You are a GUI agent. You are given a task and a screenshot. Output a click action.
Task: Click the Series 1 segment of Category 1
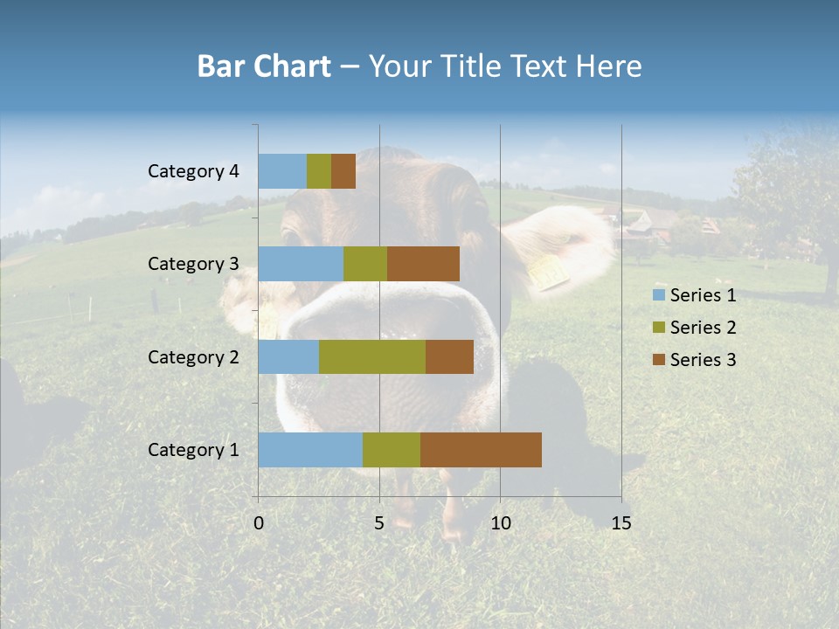tap(310, 450)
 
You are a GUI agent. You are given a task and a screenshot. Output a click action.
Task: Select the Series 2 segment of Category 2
tap(372, 356)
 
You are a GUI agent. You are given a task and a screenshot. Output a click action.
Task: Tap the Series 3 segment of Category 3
tap(423, 264)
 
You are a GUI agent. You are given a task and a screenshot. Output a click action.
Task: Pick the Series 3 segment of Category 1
tap(481, 450)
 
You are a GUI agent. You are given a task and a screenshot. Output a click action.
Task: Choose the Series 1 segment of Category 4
tap(282, 171)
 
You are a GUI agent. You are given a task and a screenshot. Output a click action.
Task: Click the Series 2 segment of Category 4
tap(319, 171)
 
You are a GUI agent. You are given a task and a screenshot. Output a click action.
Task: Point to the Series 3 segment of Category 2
tap(449, 356)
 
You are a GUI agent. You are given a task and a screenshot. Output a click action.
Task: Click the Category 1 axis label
tap(193, 450)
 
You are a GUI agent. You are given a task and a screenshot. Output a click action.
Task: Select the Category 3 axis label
tap(193, 264)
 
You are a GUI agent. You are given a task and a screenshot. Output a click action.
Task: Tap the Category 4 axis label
tap(193, 171)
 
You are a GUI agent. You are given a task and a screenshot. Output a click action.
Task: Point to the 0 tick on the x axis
tap(259, 523)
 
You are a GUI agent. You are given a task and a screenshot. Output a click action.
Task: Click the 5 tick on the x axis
tap(379, 523)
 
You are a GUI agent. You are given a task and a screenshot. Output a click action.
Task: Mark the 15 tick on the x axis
tap(621, 523)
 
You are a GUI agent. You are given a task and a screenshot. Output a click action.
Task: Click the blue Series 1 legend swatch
tap(658, 295)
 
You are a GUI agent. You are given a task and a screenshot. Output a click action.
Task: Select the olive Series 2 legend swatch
tap(658, 328)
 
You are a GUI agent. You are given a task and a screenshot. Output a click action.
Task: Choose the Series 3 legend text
tap(703, 360)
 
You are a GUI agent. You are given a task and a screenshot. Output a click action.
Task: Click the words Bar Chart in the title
tap(264, 66)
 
